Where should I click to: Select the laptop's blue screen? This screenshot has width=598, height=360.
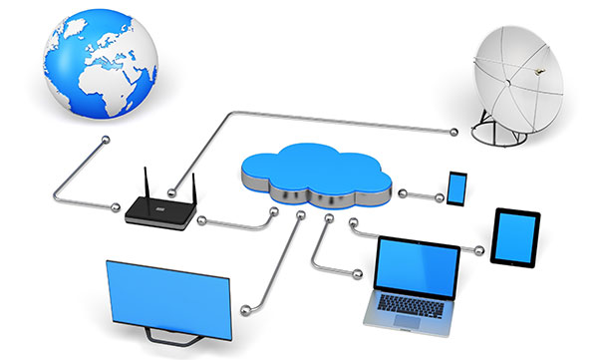(417, 265)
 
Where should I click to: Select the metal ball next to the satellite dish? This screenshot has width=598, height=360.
(457, 129)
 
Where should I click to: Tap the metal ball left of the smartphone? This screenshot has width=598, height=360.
(400, 189)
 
